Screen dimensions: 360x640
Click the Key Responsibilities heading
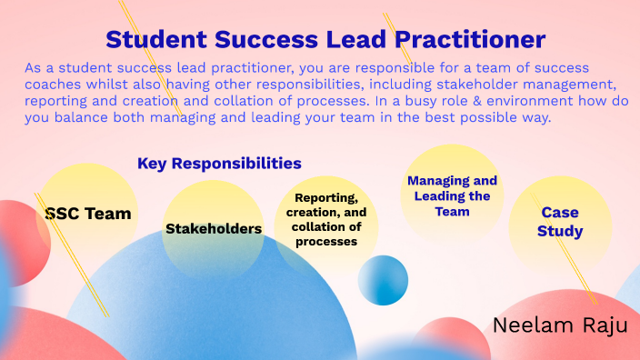coord(219,164)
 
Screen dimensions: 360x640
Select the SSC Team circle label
coord(88,214)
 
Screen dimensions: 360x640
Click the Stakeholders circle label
coord(214,228)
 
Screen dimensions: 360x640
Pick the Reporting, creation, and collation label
coord(326,219)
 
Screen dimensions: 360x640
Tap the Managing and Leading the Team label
coord(452,195)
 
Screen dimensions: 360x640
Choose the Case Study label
coord(560,222)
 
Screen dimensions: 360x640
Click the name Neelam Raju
coord(559,326)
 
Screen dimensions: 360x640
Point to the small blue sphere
coord(383,280)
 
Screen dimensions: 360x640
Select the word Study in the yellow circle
coord(560,231)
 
